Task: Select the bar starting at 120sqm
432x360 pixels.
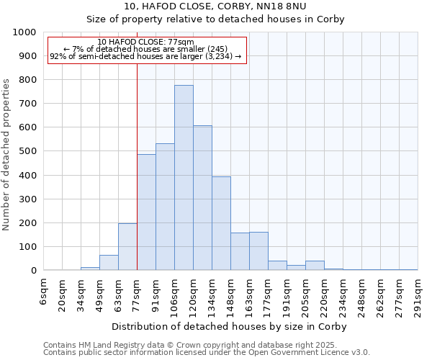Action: (x=202, y=198)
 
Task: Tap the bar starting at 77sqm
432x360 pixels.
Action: (x=146, y=212)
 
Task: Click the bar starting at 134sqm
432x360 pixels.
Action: (x=221, y=223)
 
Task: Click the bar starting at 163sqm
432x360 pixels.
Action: (x=258, y=251)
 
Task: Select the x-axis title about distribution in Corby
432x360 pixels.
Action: (x=230, y=326)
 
